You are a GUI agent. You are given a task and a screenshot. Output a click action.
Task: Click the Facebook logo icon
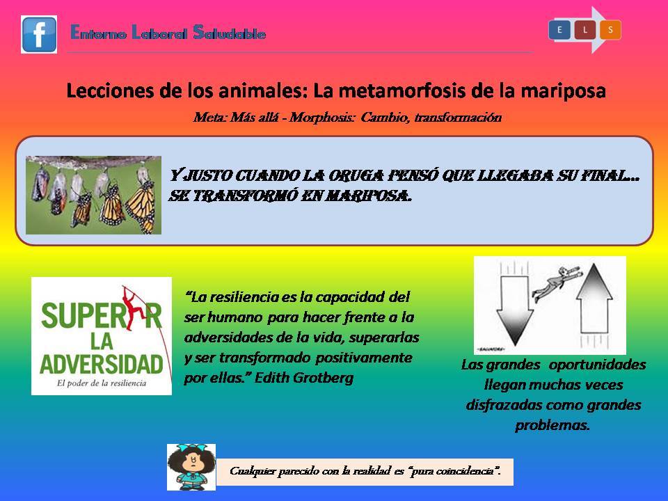pyautogui.click(x=39, y=35)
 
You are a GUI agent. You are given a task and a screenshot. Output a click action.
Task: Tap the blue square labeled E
pyautogui.click(x=559, y=30)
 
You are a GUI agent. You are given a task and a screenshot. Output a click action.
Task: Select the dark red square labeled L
pyautogui.click(x=585, y=30)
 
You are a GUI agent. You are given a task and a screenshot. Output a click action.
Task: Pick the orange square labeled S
pyautogui.click(x=610, y=30)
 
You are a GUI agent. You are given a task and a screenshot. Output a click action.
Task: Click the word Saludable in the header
pyautogui.click(x=230, y=33)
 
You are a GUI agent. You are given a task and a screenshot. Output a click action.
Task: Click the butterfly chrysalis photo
pyautogui.click(x=93, y=195)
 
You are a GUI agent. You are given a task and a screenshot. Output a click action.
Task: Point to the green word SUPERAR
pyautogui.click(x=101, y=316)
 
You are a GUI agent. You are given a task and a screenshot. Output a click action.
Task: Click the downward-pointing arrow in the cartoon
pyautogui.click(x=515, y=309)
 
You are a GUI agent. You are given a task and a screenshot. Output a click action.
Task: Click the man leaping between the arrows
pyautogui.click(x=555, y=283)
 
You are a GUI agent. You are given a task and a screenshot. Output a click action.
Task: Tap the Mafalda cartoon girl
pyautogui.click(x=191, y=467)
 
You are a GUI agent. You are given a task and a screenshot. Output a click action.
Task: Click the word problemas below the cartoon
pyautogui.click(x=552, y=425)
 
